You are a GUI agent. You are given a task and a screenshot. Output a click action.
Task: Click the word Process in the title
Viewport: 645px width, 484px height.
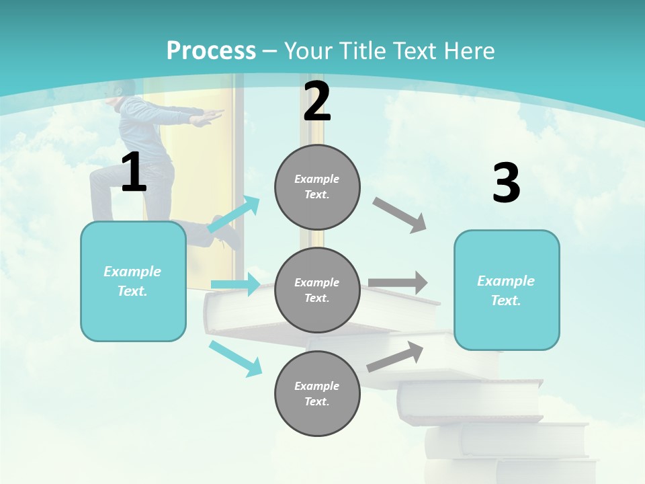click(211, 50)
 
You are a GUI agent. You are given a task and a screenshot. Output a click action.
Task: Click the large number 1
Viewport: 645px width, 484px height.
click(134, 173)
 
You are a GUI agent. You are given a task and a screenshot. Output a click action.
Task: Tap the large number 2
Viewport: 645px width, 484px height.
click(317, 102)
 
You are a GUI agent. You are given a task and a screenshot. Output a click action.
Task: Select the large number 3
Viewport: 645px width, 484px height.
click(506, 184)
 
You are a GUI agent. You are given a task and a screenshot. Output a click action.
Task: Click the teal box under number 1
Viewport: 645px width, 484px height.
click(133, 281)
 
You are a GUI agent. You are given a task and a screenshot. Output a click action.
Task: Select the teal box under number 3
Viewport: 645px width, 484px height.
click(507, 290)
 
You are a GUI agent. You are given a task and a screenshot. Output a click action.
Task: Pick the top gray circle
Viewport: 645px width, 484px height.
click(317, 187)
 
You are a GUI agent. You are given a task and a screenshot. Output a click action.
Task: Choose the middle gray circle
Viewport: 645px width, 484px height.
click(317, 290)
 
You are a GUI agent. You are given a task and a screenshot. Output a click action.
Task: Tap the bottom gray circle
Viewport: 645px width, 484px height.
click(317, 393)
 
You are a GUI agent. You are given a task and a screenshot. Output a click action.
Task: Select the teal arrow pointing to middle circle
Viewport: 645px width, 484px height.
click(235, 284)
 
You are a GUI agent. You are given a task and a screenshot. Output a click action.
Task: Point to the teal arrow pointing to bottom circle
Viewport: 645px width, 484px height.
click(236, 358)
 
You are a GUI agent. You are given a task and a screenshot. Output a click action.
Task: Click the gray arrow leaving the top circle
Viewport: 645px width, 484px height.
click(400, 214)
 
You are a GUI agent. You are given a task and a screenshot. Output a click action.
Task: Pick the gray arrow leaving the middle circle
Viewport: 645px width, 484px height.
click(398, 283)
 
